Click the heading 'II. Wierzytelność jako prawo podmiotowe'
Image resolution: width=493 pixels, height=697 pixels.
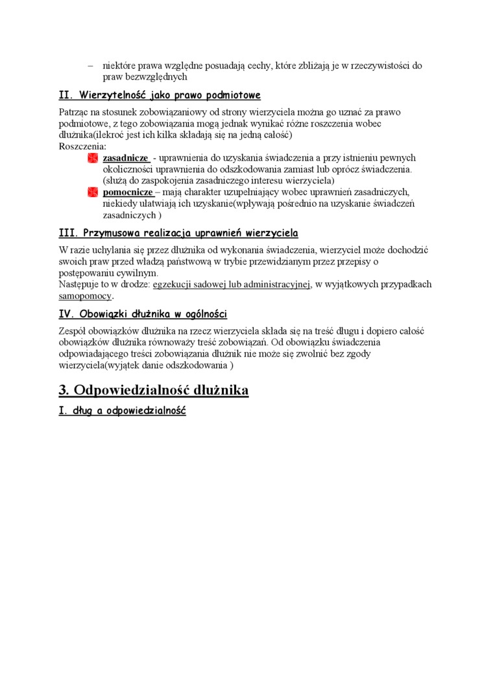(x=160, y=96)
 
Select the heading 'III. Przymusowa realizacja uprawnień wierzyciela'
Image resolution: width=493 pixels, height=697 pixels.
(x=178, y=233)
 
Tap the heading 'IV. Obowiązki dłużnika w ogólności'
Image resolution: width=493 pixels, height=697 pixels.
(x=143, y=314)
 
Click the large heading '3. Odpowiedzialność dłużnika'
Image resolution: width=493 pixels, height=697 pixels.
(x=154, y=390)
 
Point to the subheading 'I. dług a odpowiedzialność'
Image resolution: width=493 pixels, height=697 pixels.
(x=122, y=411)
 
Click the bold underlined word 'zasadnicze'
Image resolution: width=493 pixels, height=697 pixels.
(x=126, y=158)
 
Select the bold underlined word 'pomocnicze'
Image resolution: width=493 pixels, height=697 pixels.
(x=128, y=193)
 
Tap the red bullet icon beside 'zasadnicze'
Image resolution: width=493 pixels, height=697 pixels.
(x=93, y=158)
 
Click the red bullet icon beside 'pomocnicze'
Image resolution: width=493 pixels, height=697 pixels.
(x=93, y=193)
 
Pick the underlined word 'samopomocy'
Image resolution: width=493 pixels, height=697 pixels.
(x=85, y=296)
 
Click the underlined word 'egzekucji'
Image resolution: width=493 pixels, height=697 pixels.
(x=173, y=284)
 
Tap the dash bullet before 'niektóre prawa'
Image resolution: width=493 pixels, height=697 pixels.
(x=91, y=65)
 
